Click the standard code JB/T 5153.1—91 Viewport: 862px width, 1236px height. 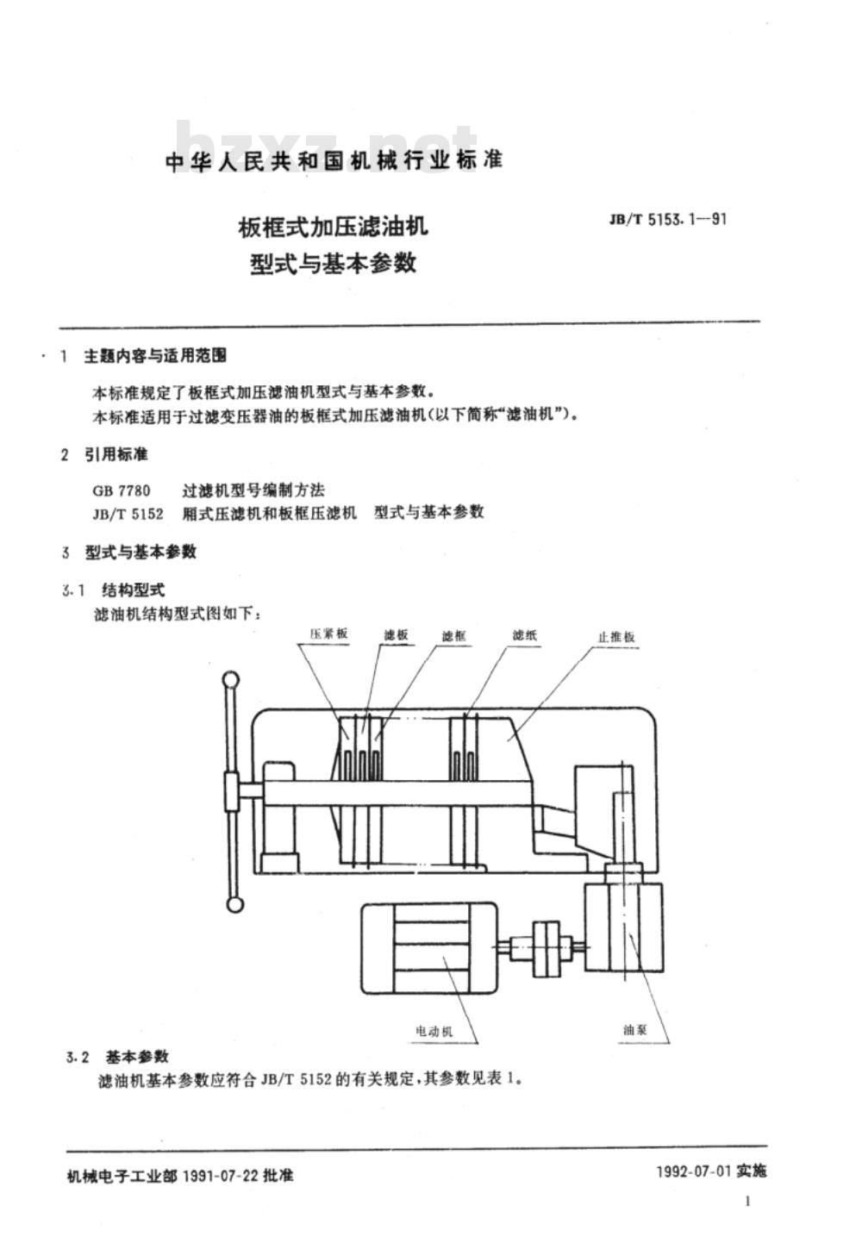[x=668, y=220]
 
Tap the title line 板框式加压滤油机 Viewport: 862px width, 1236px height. [x=333, y=226]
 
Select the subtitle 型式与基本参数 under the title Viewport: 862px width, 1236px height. [x=333, y=263]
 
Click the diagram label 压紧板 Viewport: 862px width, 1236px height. [x=329, y=634]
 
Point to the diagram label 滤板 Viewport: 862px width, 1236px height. [x=396, y=634]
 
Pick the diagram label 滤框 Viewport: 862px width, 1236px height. [x=453, y=636]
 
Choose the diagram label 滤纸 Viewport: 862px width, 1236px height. [x=524, y=635]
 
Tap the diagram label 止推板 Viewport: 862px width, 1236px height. [x=616, y=637]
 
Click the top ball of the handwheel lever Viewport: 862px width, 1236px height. [x=231, y=679]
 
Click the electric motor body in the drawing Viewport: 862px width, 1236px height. [x=429, y=948]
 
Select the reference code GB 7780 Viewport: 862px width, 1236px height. [x=122, y=490]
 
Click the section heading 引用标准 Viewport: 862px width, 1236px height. [x=116, y=455]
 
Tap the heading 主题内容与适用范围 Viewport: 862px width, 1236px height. [x=155, y=356]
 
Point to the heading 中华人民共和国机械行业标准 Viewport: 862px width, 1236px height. [x=334, y=160]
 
